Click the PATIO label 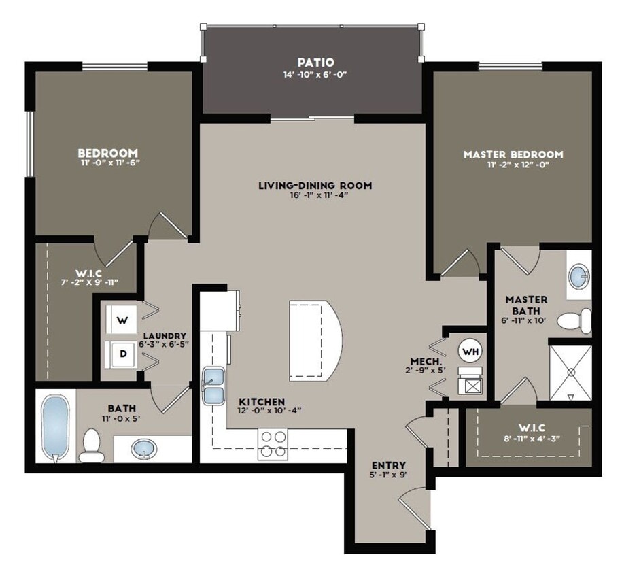314,63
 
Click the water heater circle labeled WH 469,351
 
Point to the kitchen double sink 214,385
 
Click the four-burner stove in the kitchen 273,443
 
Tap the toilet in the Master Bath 575,320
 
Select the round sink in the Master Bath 579,277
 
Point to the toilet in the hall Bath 91,446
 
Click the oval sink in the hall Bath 143,449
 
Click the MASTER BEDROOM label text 513,154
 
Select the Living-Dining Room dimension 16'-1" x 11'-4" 315,195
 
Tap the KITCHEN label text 262,402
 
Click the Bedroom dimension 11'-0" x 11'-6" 107,163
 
